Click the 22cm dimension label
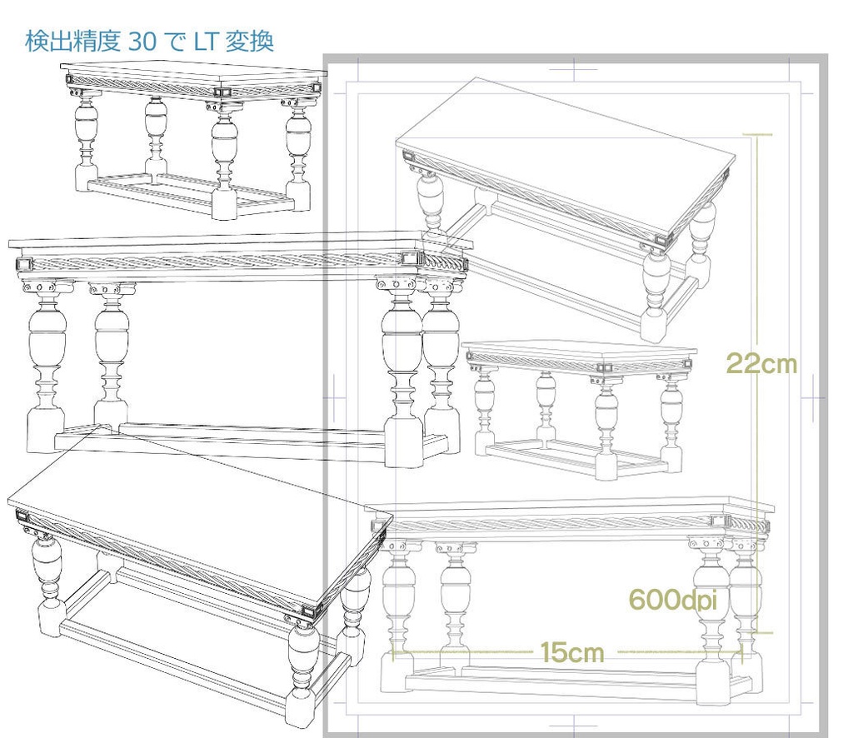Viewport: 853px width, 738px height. tap(761, 363)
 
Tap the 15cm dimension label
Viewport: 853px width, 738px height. tap(571, 652)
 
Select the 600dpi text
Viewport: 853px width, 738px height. tap(672, 600)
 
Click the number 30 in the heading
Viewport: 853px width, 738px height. tap(142, 42)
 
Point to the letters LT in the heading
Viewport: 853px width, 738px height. tap(206, 42)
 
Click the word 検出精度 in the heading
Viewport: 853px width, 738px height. tap(73, 42)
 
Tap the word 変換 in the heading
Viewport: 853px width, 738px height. tap(250, 42)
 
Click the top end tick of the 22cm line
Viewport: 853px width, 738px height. tap(757, 134)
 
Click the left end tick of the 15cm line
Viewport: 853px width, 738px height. tap(392, 651)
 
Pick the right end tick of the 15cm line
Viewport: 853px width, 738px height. tap(742, 651)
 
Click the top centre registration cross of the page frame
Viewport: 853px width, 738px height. tap(575, 70)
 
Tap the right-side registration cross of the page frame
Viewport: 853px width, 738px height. tap(814, 398)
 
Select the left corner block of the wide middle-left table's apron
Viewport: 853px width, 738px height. tap(24, 266)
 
